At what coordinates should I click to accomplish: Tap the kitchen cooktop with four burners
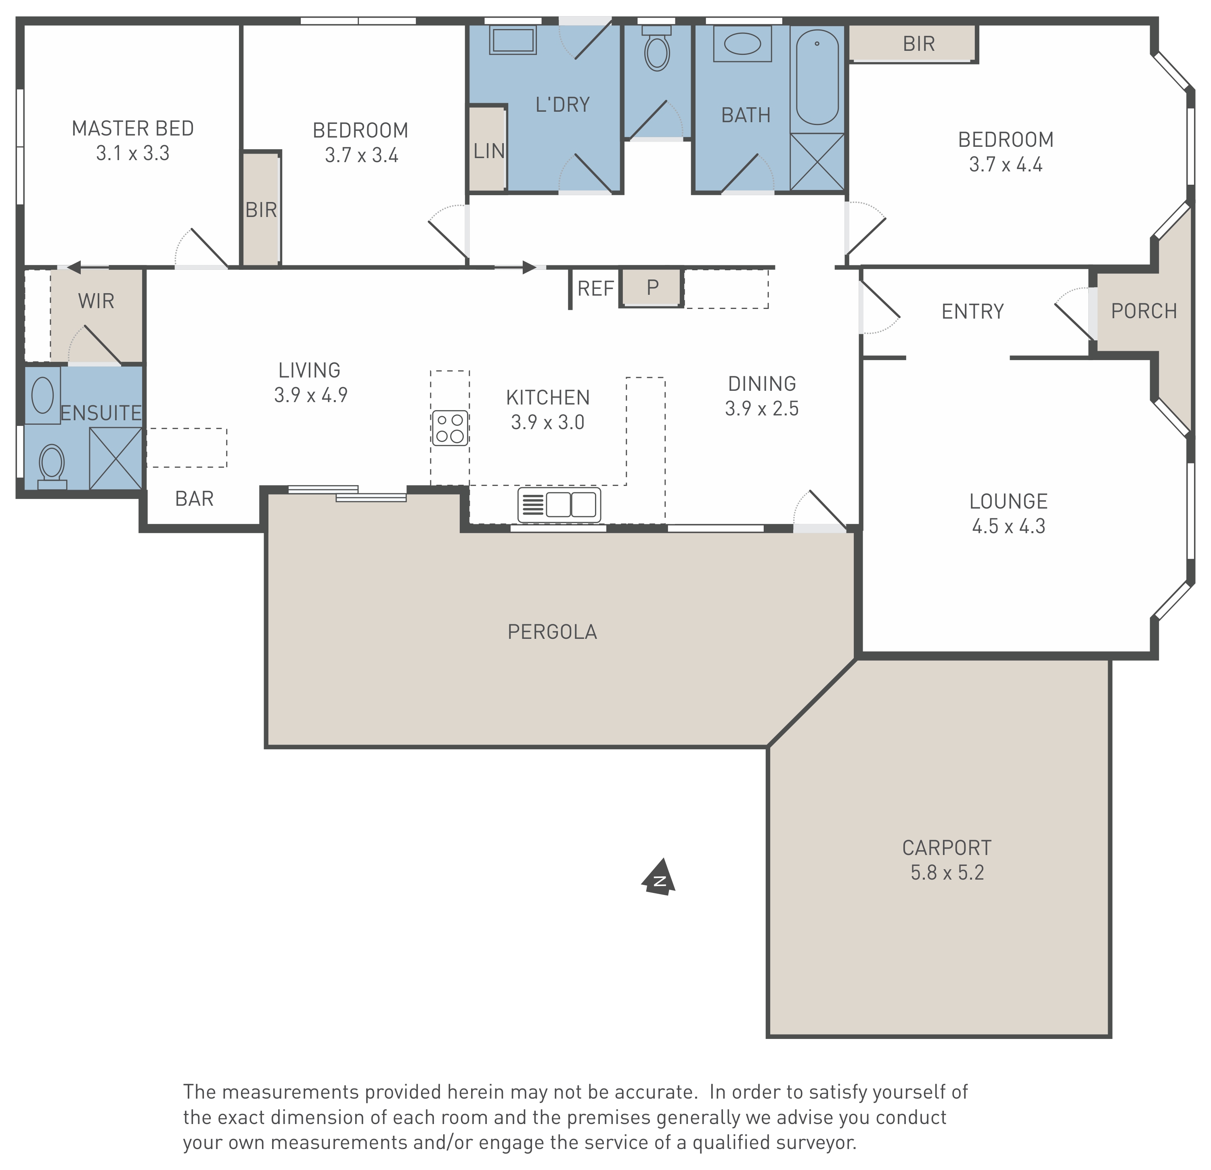450,428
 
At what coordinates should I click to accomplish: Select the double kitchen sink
559,505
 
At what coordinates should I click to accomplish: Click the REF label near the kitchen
596,288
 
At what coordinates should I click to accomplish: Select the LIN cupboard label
489,151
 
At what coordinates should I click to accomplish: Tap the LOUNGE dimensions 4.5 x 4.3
1008,526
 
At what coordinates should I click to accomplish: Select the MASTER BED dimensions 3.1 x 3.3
133,153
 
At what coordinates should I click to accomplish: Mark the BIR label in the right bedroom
919,44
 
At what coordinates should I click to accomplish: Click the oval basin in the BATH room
742,44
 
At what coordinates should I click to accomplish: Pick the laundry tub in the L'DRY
513,41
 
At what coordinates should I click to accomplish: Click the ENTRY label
972,311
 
